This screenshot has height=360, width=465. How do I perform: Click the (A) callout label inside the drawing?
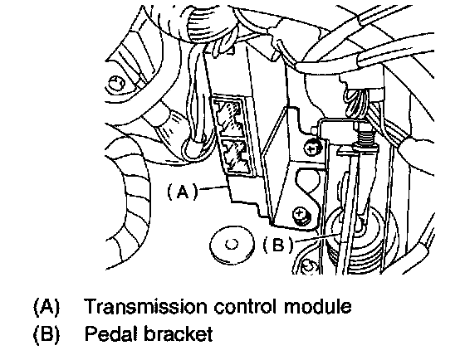[183, 192]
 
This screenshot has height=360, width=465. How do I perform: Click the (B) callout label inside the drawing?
[278, 245]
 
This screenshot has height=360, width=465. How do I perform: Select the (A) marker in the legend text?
[46, 307]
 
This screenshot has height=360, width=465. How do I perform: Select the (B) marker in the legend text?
[46, 334]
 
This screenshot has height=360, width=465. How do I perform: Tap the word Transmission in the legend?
[145, 306]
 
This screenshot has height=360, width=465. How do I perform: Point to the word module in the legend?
[318, 306]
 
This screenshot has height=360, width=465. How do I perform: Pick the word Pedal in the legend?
[111, 333]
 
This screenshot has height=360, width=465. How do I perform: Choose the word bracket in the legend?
[179, 333]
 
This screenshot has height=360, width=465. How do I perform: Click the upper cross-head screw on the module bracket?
[312, 148]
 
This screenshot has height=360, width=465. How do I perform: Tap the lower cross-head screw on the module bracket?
[301, 213]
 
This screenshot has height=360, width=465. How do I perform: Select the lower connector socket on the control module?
[237, 156]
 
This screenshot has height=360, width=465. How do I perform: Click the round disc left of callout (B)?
[232, 245]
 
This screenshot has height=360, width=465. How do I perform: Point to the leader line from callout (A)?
[213, 187]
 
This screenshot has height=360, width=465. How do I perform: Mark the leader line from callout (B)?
[316, 237]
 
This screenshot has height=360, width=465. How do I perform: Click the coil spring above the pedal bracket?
[365, 136]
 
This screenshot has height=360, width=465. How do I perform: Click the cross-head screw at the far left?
[117, 83]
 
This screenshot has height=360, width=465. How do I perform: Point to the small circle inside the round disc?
[232, 245]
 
